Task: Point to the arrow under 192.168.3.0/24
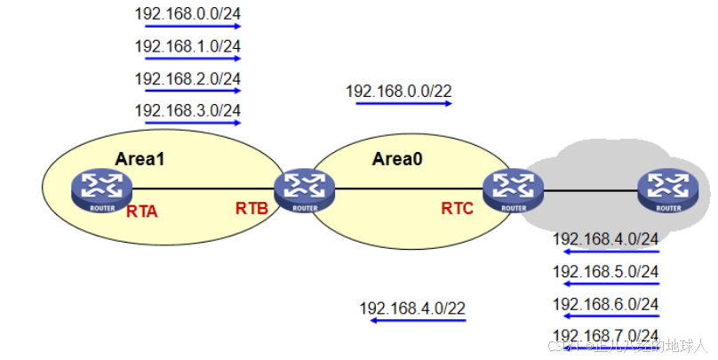click(192, 122)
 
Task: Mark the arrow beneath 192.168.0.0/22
click(403, 103)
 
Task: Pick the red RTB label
click(251, 208)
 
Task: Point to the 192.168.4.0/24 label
click(606, 238)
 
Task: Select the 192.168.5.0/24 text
click(606, 271)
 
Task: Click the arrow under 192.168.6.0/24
click(611, 316)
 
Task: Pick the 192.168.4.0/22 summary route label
click(412, 308)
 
